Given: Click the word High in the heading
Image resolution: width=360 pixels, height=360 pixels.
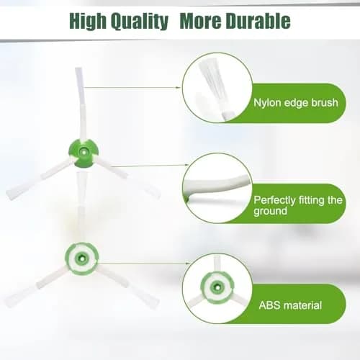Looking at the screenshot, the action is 88,21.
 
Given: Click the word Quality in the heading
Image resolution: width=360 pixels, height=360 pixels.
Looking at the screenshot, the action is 140,22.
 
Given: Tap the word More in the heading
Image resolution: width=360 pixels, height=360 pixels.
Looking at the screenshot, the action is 201,21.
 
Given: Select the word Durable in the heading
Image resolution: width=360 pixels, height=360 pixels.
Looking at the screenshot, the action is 258,21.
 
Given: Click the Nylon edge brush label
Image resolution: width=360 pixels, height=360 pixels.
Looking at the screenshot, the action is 296,102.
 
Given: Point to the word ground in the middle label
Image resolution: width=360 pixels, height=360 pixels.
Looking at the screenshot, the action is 270,211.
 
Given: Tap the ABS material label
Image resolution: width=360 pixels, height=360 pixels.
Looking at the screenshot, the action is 290,305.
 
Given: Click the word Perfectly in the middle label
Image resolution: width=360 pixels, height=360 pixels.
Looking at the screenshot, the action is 274,200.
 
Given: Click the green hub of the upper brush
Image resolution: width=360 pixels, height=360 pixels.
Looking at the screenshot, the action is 84,153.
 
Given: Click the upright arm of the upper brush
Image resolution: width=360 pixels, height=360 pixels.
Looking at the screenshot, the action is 81,103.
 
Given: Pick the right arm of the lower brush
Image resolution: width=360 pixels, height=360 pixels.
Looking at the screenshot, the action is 128,285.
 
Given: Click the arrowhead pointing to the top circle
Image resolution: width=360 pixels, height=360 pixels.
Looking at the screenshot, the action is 178,88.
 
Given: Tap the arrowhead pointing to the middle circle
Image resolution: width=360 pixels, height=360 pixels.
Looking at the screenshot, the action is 187,165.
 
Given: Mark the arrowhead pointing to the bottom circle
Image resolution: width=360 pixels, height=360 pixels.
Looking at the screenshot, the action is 187,264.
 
